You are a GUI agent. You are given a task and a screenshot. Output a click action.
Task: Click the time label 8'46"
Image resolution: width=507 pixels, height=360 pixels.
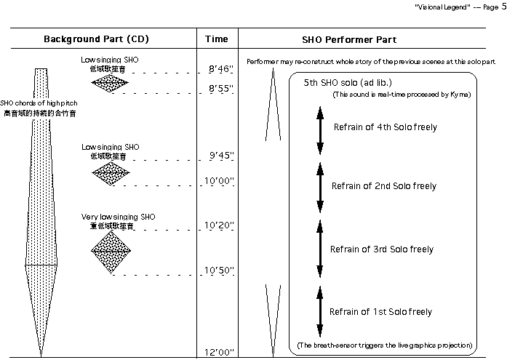[219, 69]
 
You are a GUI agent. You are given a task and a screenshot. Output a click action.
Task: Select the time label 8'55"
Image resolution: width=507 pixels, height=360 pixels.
[219, 89]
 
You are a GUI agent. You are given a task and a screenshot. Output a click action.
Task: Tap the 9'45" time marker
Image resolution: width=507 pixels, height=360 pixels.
[219, 155]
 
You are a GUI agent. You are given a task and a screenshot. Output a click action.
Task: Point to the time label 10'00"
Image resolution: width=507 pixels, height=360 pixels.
[219, 181]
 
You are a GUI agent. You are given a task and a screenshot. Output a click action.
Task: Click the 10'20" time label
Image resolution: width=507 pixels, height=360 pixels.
[219, 225]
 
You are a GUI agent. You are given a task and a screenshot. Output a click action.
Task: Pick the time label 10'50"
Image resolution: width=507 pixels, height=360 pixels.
[219, 271]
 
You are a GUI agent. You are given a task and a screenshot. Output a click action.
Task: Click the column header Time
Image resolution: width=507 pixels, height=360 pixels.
[217, 39]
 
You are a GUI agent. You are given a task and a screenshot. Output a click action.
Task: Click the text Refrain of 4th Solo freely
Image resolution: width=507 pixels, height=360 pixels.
[385, 127]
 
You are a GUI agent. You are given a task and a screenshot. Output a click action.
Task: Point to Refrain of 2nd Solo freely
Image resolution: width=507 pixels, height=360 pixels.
[385, 186]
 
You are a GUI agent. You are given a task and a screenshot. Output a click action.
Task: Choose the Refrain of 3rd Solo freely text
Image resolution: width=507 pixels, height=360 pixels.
[381, 249]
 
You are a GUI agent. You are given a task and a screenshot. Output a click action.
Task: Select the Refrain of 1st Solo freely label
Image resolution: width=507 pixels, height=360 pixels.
[380, 312]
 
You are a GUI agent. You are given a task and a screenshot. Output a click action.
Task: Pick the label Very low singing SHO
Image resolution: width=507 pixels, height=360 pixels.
[118, 217]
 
